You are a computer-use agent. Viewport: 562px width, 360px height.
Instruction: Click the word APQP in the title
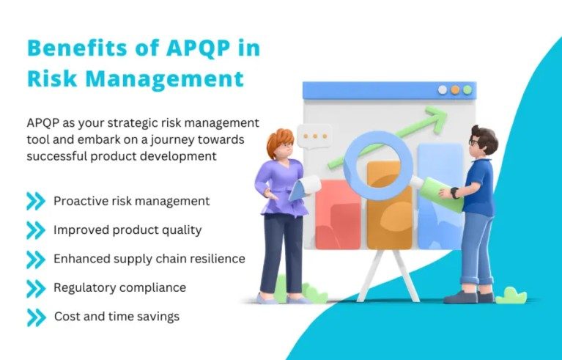pyautogui.click(x=198, y=48)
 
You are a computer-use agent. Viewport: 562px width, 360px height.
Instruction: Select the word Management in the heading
pyautogui.click(x=165, y=78)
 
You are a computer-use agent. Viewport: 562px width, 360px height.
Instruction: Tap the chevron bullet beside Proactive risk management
pyautogui.click(x=36, y=201)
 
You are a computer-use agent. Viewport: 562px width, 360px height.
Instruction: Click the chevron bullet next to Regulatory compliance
pyautogui.click(x=36, y=288)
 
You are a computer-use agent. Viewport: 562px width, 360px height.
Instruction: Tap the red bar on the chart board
pyautogui.click(x=338, y=214)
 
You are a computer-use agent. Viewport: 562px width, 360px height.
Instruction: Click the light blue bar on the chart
pyautogui.click(x=440, y=196)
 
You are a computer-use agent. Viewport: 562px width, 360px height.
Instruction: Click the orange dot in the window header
pyautogui.click(x=455, y=90)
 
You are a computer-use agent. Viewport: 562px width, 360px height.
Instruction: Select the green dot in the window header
pyautogui.click(x=467, y=90)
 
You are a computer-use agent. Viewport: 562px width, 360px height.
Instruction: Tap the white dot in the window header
pyautogui.click(x=443, y=90)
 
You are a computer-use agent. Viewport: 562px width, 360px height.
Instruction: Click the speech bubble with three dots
pyautogui.click(x=314, y=136)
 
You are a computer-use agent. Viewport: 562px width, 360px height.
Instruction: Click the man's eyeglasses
pyautogui.click(x=473, y=142)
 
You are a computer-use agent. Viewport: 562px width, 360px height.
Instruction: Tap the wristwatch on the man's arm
pyautogui.click(x=454, y=193)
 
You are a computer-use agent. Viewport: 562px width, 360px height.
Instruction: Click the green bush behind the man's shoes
pyautogui.click(x=511, y=295)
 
